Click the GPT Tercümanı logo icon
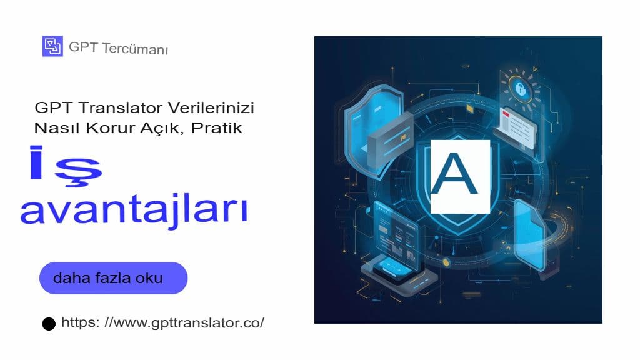click(x=52, y=46)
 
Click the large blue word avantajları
click(x=134, y=211)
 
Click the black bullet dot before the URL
click(x=49, y=324)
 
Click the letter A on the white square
click(x=459, y=176)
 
